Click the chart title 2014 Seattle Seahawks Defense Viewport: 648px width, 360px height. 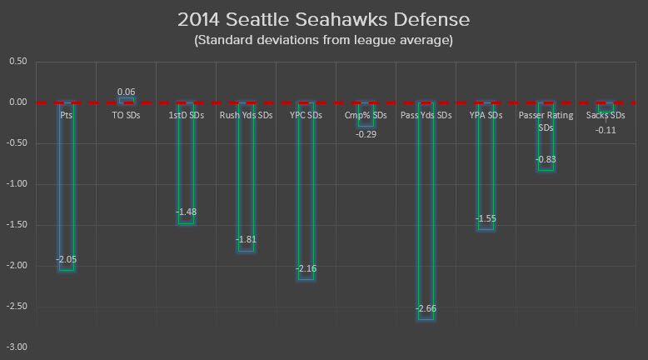[x=325, y=18]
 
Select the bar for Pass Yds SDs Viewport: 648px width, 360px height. [x=426, y=208]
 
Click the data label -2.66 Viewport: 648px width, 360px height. [x=426, y=309]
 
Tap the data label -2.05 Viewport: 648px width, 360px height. [x=67, y=260]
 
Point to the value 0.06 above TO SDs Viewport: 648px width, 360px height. [x=127, y=92]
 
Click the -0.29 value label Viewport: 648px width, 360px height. [x=366, y=133]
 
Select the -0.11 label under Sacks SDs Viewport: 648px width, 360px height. [x=606, y=129]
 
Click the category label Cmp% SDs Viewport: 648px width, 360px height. [x=366, y=116]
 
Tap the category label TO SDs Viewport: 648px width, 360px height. [x=127, y=116]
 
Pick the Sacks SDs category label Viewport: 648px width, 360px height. [x=606, y=116]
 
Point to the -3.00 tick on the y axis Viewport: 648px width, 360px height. [x=17, y=347]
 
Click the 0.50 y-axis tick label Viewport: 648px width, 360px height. [x=18, y=62]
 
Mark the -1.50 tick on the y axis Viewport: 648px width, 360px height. [x=17, y=225]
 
